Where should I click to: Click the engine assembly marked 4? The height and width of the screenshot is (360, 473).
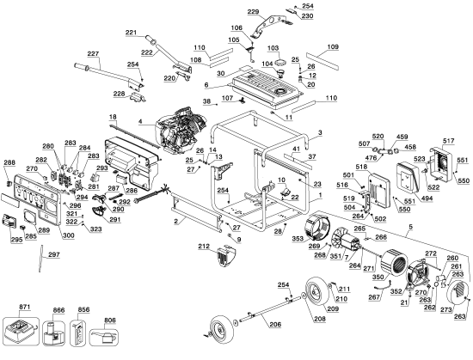(x=183, y=133)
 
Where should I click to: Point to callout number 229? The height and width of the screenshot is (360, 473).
(x=253, y=10)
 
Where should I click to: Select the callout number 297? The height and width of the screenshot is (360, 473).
(x=52, y=256)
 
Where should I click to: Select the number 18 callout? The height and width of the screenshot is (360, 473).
(x=112, y=116)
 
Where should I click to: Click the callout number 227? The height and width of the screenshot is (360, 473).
(x=92, y=52)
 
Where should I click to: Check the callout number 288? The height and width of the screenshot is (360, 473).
(x=9, y=162)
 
